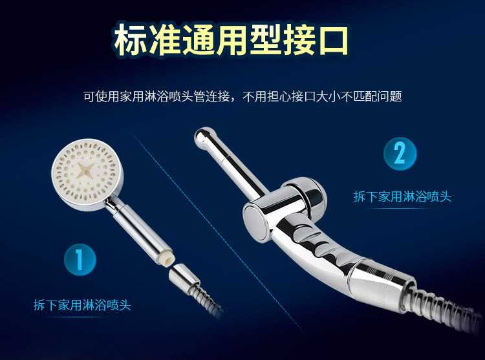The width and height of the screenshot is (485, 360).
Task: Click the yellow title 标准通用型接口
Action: pyautogui.click(x=232, y=40)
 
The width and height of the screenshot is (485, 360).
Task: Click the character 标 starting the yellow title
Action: pyautogui.click(x=130, y=40)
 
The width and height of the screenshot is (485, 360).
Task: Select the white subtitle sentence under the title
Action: pyautogui.click(x=242, y=96)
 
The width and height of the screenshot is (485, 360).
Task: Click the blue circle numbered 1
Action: pyautogui.click(x=80, y=260)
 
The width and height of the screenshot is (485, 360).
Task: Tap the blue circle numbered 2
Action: pyautogui.click(x=400, y=154)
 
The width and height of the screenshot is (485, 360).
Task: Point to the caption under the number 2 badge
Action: pyautogui.click(x=402, y=196)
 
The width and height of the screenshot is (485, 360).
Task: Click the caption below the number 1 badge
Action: pyautogui.click(x=82, y=305)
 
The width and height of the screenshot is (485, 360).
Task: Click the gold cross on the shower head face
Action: pyautogui.click(x=85, y=171)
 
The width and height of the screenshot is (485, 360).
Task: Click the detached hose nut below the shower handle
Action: pyautogui.click(x=184, y=277)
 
